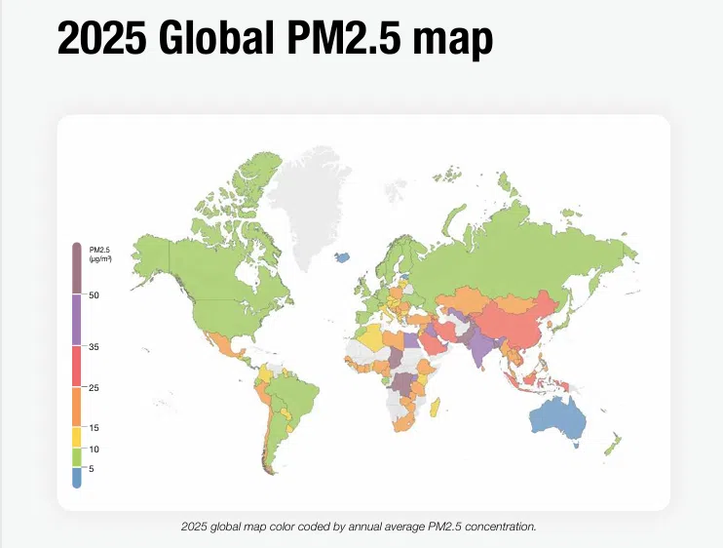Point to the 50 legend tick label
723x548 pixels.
click(94, 294)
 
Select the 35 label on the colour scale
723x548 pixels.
click(94, 346)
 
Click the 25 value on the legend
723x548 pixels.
click(94, 388)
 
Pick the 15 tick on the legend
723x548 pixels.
click(94, 428)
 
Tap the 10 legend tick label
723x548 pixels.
click(94, 449)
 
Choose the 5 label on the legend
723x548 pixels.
click(92, 469)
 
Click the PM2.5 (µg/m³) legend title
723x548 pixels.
click(99, 254)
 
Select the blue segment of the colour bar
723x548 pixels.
click(77, 477)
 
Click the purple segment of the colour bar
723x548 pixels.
click(77, 320)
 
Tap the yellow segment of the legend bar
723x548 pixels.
click(77, 438)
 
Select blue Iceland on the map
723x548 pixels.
click(342, 258)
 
